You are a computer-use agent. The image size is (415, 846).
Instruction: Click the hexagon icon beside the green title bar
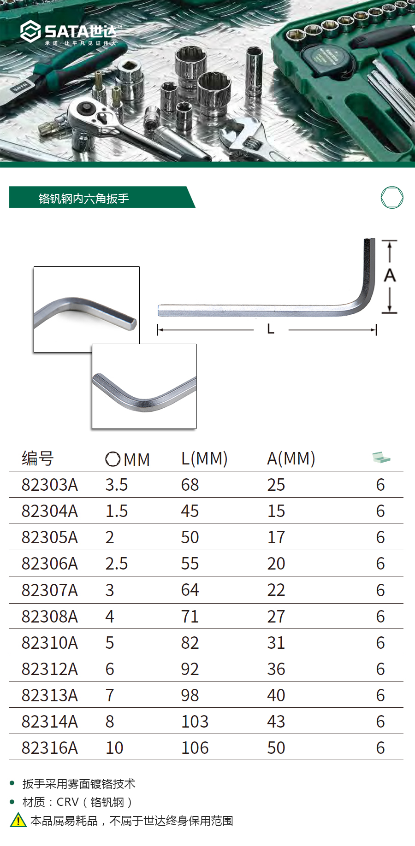click(392, 198)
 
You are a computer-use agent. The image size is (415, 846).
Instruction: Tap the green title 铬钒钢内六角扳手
click(83, 199)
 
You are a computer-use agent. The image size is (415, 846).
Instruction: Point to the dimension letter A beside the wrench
click(390, 276)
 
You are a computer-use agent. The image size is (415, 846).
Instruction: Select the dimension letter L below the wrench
click(271, 329)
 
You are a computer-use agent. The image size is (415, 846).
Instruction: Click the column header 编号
click(38, 458)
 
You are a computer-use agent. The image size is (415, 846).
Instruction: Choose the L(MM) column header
click(204, 459)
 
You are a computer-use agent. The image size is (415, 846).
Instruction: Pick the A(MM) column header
click(291, 459)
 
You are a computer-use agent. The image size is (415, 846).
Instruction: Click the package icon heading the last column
click(381, 458)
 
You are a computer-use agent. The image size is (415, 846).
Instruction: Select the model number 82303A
click(50, 485)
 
